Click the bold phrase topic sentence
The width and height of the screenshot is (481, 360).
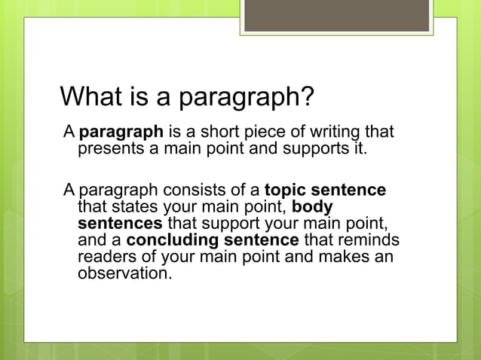coord(325,190)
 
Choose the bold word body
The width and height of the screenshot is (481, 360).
coord(312,206)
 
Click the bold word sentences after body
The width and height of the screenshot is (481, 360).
coord(119,223)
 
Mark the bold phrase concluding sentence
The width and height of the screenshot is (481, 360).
coord(213,239)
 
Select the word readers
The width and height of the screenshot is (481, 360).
coord(106,256)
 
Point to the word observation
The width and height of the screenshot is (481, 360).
coord(124,273)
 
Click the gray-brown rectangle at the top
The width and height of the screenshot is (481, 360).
coord(336,15)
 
